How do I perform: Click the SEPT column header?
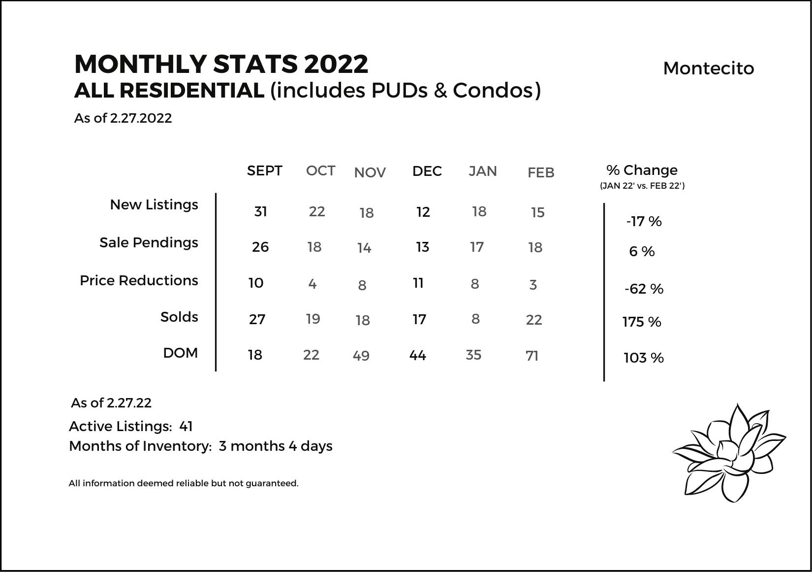tap(264, 170)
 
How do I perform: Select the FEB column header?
tap(541, 172)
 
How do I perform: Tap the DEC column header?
tap(427, 171)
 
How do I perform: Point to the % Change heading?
tap(642, 170)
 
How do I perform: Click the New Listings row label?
tap(154, 204)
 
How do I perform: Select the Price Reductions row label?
tap(139, 280)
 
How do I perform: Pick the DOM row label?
tap(180, 353)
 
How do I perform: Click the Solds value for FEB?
tap(534, 320)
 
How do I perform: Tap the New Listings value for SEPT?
tap(260, 211)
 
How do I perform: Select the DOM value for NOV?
tap(361, 356)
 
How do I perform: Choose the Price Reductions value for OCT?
tap(312, 284)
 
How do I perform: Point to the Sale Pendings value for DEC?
tap(422, 247)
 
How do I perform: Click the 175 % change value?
tap(642, 322)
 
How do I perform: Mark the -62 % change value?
tap(644, 289)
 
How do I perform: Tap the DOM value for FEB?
tap(532, 356)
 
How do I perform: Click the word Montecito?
tap(708, 68)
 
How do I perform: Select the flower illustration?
tap(728, 453)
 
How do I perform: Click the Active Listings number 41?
tap(186, 426)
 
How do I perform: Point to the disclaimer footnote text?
tap(184, 483)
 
